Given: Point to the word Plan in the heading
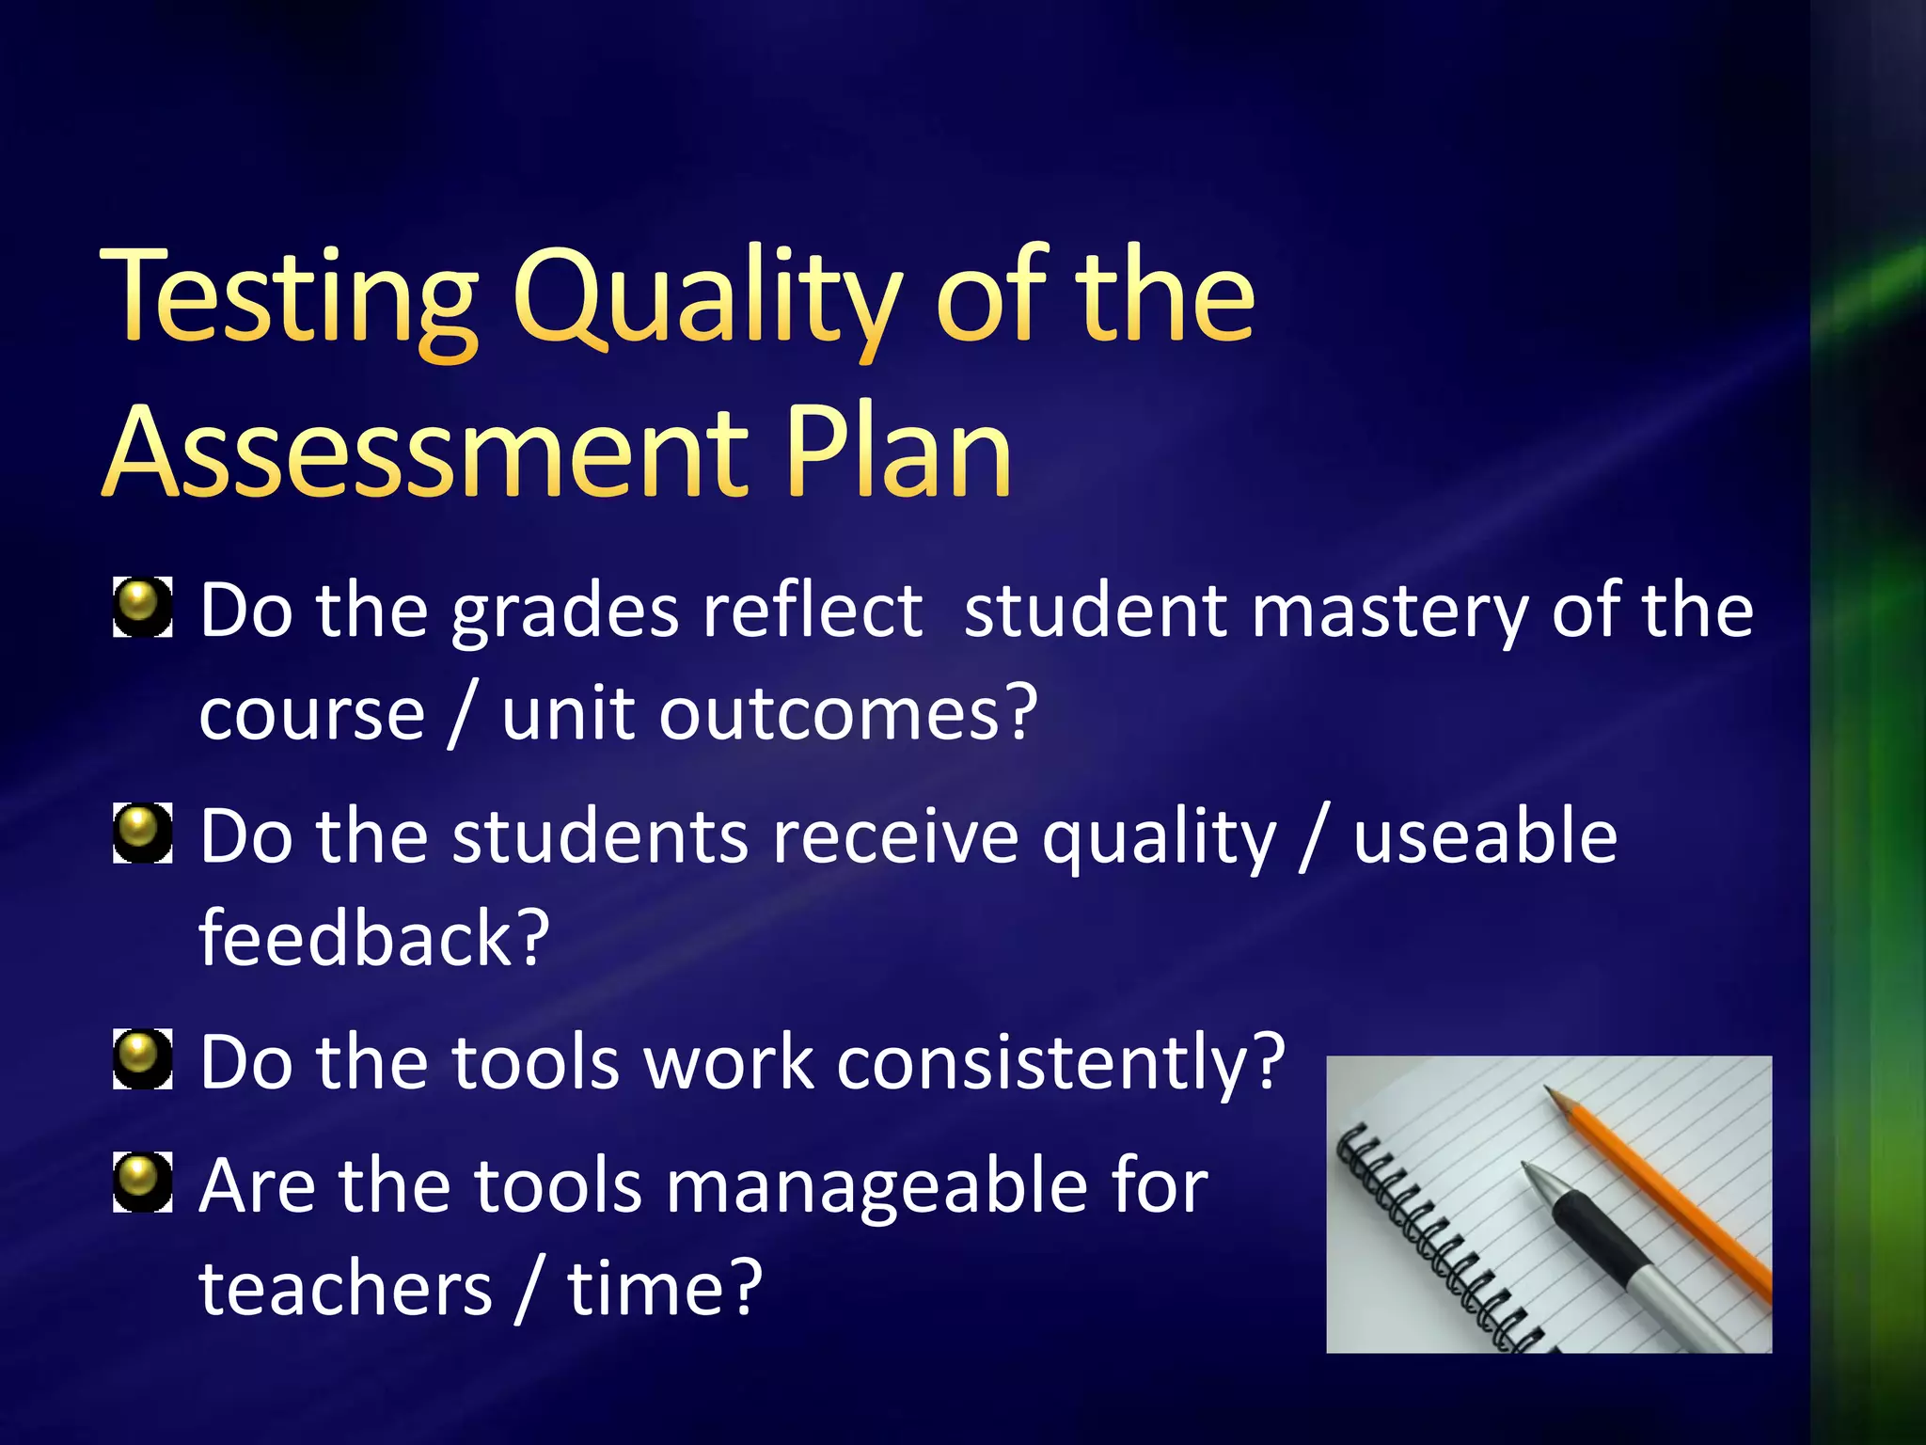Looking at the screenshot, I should coord(898,452).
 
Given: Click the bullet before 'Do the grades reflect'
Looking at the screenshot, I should coord(142,607).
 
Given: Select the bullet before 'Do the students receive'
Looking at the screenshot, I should coord(142,833).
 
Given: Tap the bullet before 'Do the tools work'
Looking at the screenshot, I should coord(142,1058).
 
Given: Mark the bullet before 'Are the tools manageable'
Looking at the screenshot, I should coord(142,1183).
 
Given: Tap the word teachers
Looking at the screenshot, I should coord(346,1289).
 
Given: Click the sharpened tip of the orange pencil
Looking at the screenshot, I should coord(1553,1095).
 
